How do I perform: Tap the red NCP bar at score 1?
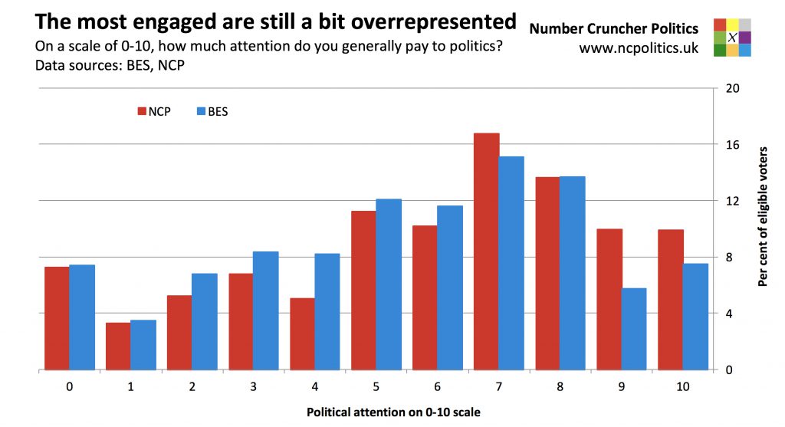[x=118, y=346]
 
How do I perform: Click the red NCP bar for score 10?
[x=671, y=300]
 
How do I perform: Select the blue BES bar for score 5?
[x=389, y=284]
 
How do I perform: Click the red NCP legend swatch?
[x=142, y=111]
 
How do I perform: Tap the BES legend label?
[x=218, y=111]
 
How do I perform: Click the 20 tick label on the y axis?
[x=731, y=88]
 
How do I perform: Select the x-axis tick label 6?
[x=438, y=387]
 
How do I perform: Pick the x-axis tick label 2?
[x=192, y=387]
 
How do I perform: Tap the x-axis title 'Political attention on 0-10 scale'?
[x=393, y=412]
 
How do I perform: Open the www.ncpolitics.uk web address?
[x=639, y=48]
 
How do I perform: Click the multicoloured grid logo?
[x=731, y=37]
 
